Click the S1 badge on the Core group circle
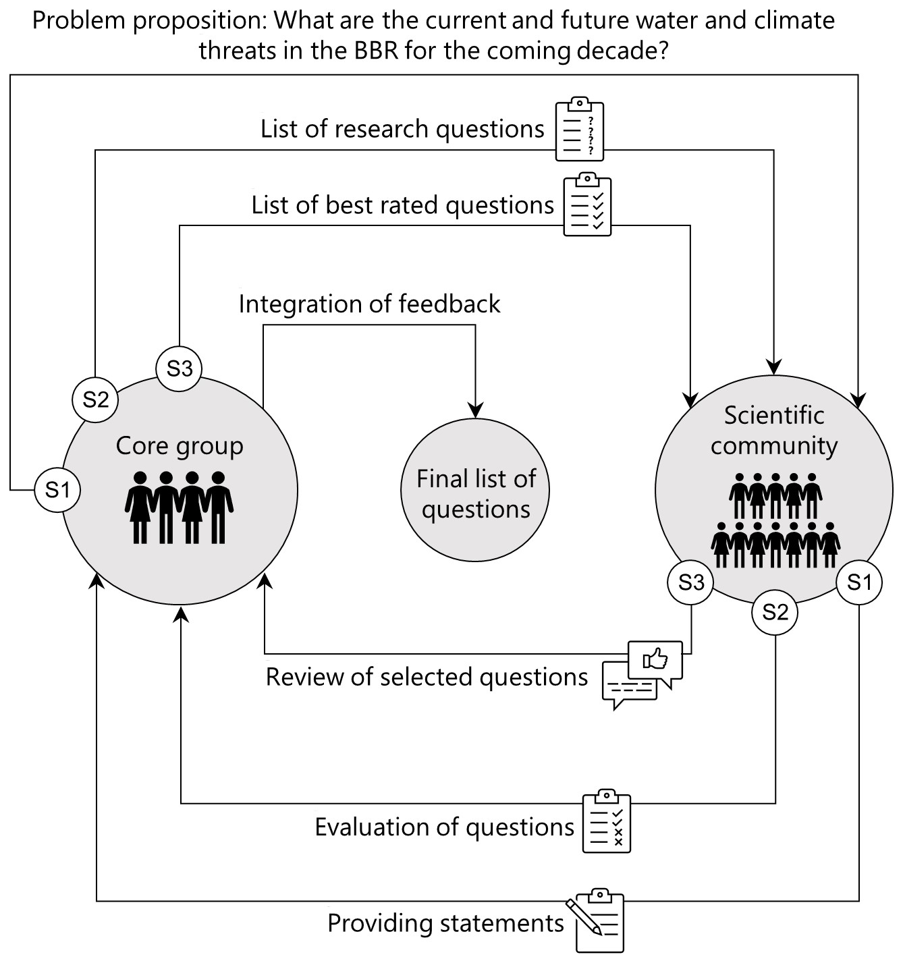tap(57, 489)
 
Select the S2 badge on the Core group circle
tap(95, 400)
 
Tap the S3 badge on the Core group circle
tap(179, 368)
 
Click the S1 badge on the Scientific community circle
tap(859, 582)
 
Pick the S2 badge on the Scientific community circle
tap(775, 612)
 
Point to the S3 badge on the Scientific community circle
tap(690, 582)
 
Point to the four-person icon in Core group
tap(179, 507)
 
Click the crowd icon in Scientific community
tap(775, 520)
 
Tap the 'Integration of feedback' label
tap(369, 304)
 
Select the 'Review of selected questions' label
tap(427, 677)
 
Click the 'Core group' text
tap(179, 446)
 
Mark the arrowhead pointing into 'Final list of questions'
tap(475, 410)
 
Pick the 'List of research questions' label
tap(402, 129)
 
